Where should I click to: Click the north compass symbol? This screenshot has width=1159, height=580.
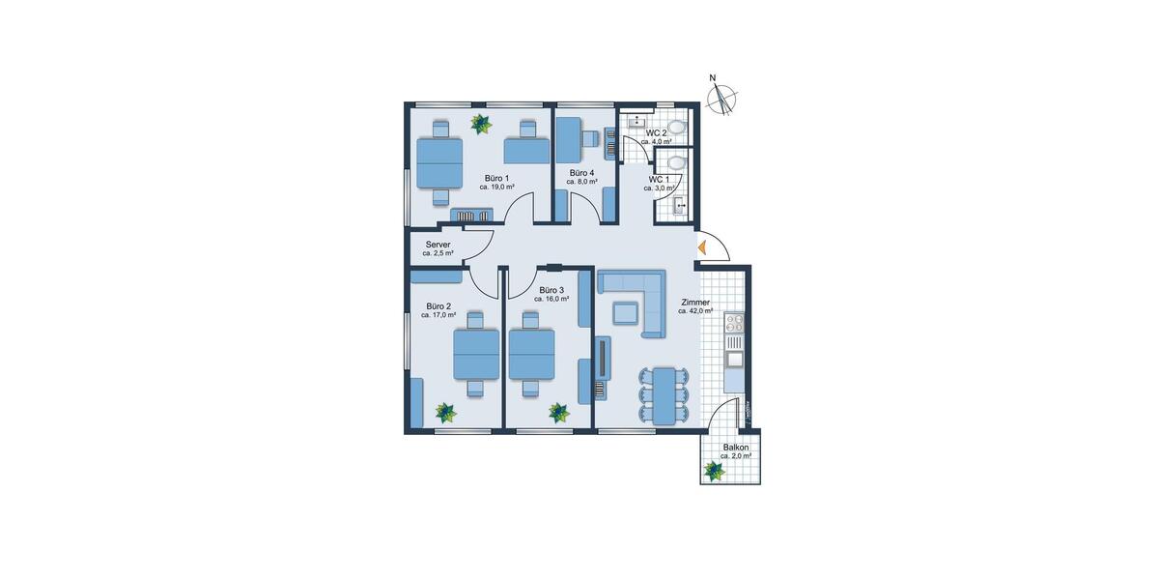point(721,99)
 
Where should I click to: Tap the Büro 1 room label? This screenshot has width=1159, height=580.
point(496,179)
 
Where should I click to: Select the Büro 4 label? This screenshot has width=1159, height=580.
point(580,173)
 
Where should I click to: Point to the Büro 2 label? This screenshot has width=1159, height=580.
point(438,306)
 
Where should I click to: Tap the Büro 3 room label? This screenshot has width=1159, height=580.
point(551,290)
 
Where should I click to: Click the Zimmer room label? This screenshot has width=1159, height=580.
point(695,302)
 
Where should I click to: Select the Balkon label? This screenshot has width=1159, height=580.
point(736,448)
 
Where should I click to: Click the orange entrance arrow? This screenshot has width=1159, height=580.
point(703,247)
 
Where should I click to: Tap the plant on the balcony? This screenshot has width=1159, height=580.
point(714,471)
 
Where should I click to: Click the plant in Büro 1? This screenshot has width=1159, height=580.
point(480,124)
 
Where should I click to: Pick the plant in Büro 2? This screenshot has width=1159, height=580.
point(445,413)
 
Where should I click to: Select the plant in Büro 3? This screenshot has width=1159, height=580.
point(559,413)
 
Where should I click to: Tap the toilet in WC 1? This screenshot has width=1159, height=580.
point(676,162)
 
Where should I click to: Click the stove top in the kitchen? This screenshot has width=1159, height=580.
point(734,323)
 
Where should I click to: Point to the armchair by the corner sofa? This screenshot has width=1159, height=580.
point(624,312)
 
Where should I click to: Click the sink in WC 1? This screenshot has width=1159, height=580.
point(679,204)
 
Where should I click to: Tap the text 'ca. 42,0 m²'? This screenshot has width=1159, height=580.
point(695,311)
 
